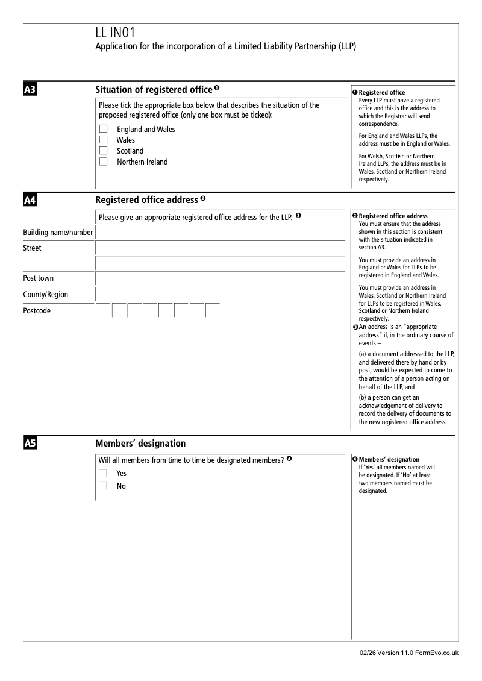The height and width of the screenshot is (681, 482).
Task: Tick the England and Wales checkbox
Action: pos(104,129)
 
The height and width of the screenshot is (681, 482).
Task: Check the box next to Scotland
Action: pos(104,151)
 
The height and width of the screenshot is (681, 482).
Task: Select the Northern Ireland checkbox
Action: pos(104,162)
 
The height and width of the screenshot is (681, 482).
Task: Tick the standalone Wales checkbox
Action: pos(104,140)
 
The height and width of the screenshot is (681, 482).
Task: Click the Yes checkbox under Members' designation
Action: pos(104,474)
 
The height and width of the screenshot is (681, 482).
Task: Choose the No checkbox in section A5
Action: pos(104,486)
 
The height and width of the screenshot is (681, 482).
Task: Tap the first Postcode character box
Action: pos(104,310)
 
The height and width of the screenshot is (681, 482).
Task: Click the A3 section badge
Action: pos(30,90)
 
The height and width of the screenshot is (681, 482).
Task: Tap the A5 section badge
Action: pos(30,444)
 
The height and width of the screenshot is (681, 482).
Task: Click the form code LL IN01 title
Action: pos(119,34)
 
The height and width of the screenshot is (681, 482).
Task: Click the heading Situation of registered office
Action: pos(154,90)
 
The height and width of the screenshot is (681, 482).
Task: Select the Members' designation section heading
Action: pos(140,444)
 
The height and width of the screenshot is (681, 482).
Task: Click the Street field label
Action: pos(33,248)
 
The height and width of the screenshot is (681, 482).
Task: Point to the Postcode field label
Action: pos(37,311)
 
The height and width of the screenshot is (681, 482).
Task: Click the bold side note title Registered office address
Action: pos(393,216)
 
